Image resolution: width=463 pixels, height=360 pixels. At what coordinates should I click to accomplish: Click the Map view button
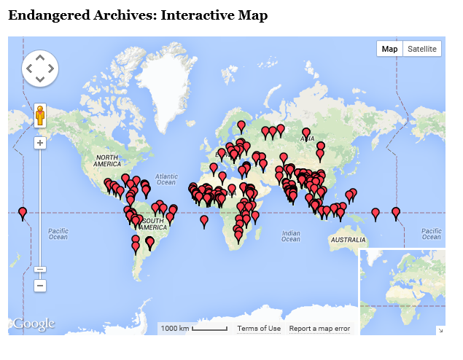click(389, 49)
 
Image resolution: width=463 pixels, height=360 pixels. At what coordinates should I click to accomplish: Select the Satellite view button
click(422, 49)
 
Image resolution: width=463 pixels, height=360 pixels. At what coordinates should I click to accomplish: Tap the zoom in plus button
click(40, 143)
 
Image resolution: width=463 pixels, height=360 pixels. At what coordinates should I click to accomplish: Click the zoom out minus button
click(40, 286)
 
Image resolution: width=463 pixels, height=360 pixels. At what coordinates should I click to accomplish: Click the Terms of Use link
click(259, 329)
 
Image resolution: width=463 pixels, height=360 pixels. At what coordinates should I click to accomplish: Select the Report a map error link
click(319, 329)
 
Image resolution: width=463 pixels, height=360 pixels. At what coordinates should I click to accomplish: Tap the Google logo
click(34, 323)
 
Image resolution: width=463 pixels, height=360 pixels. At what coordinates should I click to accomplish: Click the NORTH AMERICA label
click(107, 161)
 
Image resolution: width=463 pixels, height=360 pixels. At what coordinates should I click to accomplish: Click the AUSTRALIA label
click(348, 240)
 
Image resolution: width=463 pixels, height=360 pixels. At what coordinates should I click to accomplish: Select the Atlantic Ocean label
click(166, 180)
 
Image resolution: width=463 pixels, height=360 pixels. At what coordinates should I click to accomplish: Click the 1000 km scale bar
click(193, 329)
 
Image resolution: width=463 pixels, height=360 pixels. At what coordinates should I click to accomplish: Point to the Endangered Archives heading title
click(138, 15)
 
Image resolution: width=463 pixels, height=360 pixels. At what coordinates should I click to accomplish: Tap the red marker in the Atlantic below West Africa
click(204, 219)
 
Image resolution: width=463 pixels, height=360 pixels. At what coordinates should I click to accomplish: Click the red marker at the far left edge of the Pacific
click(23, 213)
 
